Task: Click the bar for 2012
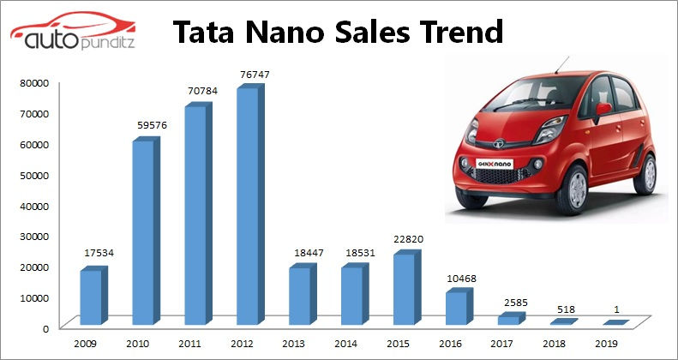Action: click(246, 207)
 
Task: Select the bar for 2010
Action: click(143, 232)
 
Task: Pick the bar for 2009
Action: click(91, 297)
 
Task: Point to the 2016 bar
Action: click(456, 307)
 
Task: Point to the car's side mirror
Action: click(603, 110)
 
